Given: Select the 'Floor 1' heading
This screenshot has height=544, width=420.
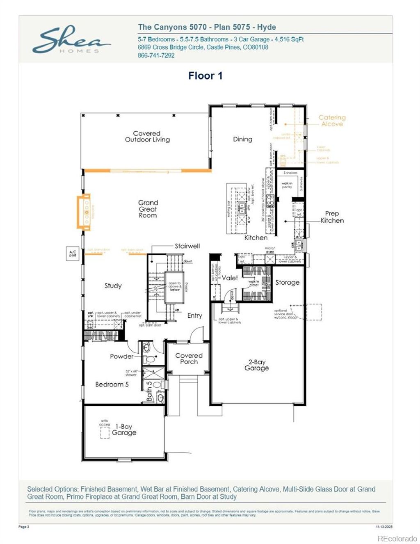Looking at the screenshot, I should tap(205, 76).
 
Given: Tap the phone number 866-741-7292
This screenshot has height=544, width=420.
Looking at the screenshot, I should tap(156, 55).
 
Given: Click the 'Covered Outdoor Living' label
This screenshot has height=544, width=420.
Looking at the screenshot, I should tap(147, 137).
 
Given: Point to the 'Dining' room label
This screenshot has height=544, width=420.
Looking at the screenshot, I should tap(242, 139).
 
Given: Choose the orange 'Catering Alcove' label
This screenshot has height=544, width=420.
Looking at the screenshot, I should tap(332, 121).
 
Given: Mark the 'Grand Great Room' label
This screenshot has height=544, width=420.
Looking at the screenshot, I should tap(148, 209).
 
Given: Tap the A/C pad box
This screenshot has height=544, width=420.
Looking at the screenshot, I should tap(73, 253).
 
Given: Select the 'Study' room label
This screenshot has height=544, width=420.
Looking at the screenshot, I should tap(113, 286).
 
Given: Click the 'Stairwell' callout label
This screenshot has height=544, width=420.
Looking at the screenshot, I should tap(187, 246).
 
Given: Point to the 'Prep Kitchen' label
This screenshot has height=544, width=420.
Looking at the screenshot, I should tap(332, 217).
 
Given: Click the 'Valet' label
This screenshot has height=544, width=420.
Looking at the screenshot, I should tap(230, 278).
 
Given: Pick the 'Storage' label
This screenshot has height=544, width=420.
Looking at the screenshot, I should tap(287, 283).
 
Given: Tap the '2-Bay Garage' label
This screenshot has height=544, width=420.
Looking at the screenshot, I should tap(256, 365).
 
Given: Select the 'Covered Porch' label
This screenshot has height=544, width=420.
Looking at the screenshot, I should tap(189, 359).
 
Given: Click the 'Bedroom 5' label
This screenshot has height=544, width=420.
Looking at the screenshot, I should tap(112, 385).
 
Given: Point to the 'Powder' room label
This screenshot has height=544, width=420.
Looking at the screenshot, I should tap(121, 357).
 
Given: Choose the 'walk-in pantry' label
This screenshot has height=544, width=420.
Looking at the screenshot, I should tap(287, 185).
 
